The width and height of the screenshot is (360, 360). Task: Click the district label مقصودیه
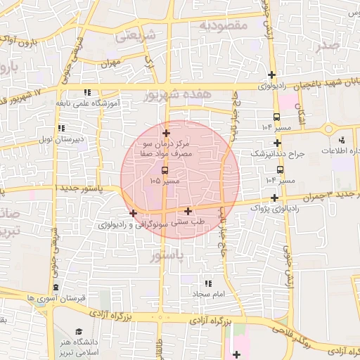click(x=224, y=25)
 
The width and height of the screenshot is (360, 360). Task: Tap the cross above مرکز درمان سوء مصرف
click(x=166, y=133)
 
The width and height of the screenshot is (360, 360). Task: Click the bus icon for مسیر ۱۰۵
click(x=165, y=170)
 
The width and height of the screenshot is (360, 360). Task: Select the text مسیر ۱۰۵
click(x=165, y=181)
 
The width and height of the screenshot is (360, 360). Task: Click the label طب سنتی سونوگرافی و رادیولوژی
click(x=151, y=224)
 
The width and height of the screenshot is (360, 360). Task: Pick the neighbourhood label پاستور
click(x=166, y=257)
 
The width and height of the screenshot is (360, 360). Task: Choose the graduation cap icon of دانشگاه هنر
click(x=79, y=331)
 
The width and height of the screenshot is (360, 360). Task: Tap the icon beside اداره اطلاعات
click(x=342, y=141)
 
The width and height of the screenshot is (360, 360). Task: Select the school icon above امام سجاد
click(x=207, y=283)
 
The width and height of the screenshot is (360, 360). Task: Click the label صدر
click(x=328, y=46)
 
